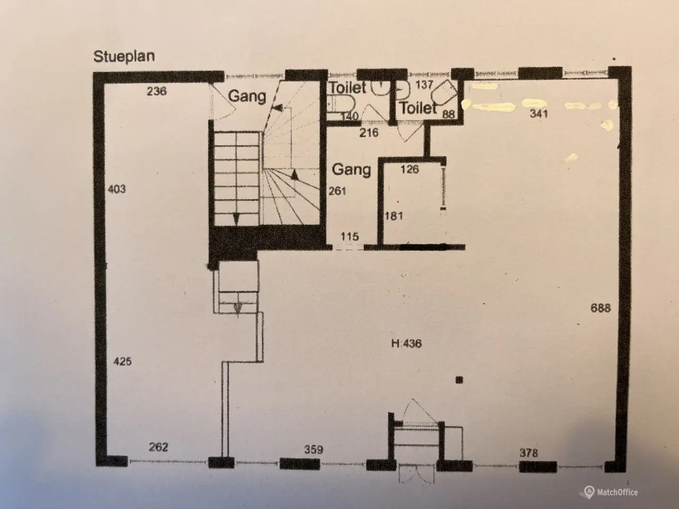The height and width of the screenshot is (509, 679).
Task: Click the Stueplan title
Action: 124,57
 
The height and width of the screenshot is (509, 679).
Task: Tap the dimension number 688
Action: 600,308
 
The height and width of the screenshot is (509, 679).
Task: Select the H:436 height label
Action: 406,344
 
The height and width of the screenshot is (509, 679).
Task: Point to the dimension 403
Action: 117,189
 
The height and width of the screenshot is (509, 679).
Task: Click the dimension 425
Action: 123,361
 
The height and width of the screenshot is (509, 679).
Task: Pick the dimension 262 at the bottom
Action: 159,447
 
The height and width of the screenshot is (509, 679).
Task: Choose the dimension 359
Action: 314,450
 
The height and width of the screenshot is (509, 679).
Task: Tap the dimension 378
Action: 529,453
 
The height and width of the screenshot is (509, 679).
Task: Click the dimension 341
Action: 539,113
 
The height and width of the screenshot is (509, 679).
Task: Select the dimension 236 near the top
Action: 157,91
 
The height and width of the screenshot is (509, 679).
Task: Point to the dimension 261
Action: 337,191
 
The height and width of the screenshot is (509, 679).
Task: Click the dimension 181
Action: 394,216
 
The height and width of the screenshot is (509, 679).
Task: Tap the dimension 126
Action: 410,169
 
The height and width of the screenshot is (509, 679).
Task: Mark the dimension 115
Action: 350,236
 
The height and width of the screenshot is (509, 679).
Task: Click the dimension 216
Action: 369,133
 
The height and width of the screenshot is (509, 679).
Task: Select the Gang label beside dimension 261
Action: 351,170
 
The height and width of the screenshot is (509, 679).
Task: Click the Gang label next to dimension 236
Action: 247,96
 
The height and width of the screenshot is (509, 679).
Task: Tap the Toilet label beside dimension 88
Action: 418,108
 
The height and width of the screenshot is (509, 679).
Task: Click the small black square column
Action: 459,380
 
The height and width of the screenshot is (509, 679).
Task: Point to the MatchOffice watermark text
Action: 617,492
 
